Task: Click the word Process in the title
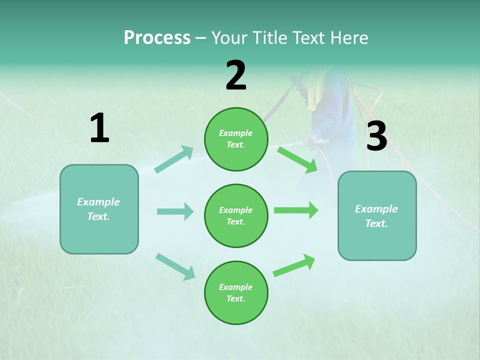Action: tap(157, 37)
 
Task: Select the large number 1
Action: tap(99, 128)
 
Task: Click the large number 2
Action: tap(236, 75)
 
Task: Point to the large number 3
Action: tap(376, 136)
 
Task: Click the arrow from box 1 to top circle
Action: tap(174, 159)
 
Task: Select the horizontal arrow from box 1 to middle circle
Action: tap(175, 211)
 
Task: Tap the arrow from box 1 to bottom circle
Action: tap(175, 266)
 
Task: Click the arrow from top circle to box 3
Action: tap(297, 159)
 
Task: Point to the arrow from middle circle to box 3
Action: tap(296, 210)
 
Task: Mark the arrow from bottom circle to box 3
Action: tap(294, 265)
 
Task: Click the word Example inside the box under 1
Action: tap(98, 202)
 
